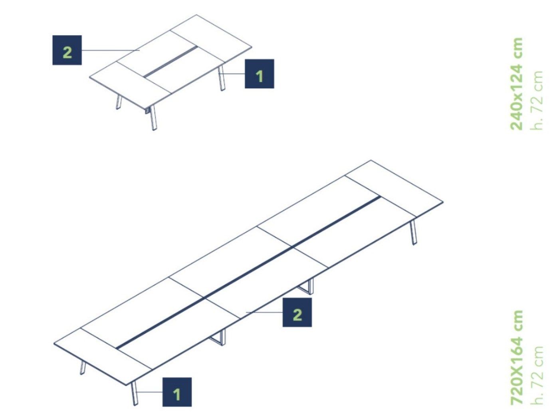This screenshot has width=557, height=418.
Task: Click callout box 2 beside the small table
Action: pos(67,50)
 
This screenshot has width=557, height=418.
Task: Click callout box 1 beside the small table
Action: pos(260,74)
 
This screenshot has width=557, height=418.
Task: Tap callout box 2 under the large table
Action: pos(297,312)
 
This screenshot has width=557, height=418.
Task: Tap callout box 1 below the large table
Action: pos(177,392)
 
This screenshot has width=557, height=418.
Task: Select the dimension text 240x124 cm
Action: pos(517,84)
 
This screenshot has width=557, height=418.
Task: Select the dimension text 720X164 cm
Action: pos(517,357)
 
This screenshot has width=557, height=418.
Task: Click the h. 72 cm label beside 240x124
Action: pos(537,100)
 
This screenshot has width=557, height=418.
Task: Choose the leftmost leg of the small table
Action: pos(118,102)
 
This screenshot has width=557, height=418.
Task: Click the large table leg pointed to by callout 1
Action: pos(135,393)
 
